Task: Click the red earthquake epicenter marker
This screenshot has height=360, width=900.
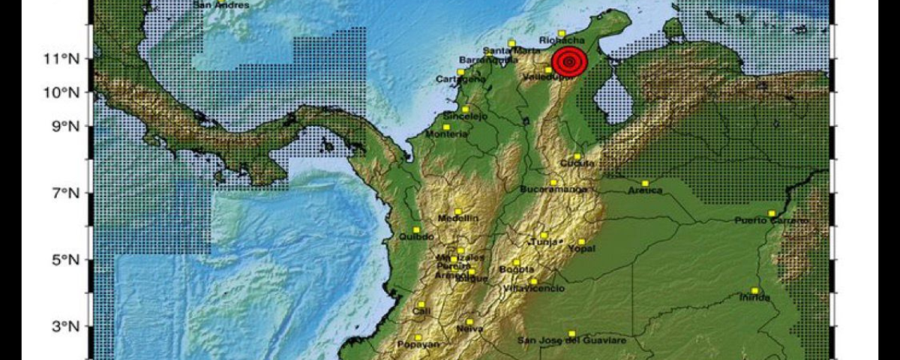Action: pos(569,61)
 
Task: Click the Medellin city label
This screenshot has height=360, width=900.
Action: pos(457,218)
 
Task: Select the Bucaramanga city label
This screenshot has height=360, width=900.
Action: pos(553,190)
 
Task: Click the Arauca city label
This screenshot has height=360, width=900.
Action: pos(646,190)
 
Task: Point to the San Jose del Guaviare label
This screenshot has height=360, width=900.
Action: pos(572,341)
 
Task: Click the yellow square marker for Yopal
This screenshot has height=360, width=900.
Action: pos(581,241)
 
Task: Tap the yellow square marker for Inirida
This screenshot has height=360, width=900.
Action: pos(754,291)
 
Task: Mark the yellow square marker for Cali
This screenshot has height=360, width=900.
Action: pos(421,304)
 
